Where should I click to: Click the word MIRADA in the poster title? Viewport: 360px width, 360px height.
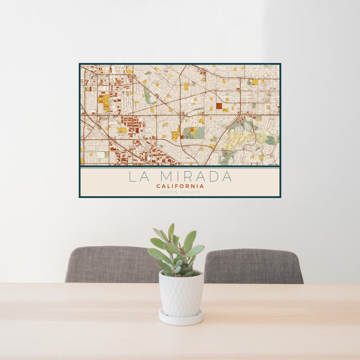pos(197,176)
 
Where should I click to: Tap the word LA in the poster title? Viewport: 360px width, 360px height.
pos(140,176)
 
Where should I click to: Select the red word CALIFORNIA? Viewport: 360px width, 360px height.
pos(180,186)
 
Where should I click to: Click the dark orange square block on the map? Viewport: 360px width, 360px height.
pos(219,106)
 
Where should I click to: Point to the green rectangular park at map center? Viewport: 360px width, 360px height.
pos(193,133)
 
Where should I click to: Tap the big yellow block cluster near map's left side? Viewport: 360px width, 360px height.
pos(104,101)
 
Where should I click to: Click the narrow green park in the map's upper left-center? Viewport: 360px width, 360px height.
pos(150,96)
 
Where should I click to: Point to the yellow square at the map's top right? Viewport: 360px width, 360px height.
pos(254,82)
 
